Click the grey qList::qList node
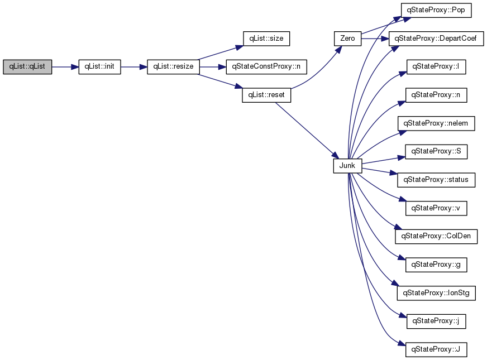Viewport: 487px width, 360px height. (27, 67)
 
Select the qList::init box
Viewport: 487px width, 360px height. (99, 67)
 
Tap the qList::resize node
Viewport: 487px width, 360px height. (173, 67)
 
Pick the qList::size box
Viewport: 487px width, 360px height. (266, 39)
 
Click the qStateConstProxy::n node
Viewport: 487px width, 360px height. (266, 67)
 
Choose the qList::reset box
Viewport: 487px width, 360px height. (266, 95)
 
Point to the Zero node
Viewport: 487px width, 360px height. (347, 39)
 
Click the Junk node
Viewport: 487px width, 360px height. (347, 166)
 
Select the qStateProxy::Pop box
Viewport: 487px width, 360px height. (436, 10)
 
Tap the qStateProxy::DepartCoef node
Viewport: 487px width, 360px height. (436, 39)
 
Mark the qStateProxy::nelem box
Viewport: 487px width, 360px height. (436, 123)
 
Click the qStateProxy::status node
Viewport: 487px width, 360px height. (436, 180)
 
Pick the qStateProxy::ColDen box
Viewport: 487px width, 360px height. (436, 237)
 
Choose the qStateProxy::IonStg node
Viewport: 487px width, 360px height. (436, 293)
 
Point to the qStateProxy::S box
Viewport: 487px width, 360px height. (436, 152)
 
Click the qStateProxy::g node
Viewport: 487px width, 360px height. (436, 265)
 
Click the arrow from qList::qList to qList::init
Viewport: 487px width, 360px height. (65, 67)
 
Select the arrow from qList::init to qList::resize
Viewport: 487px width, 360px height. (134, 67)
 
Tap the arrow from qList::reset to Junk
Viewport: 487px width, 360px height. (307, 131)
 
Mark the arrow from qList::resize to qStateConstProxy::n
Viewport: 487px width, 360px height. (213, 67)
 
